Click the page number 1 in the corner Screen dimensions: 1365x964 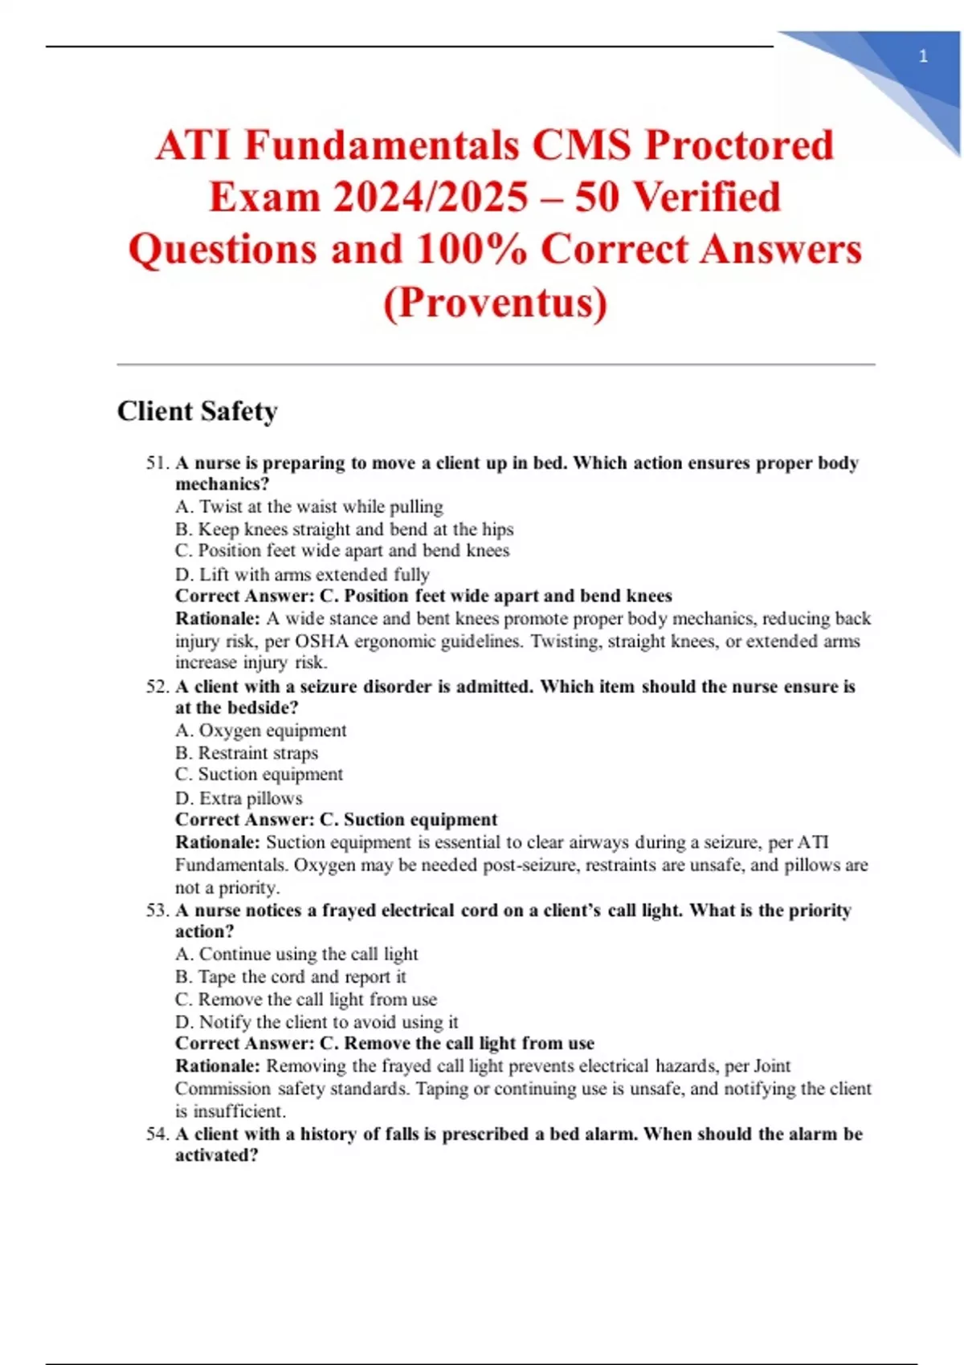coord(923,56)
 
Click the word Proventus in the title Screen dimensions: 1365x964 coord(495,303)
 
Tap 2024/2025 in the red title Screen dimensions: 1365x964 coord(431,198)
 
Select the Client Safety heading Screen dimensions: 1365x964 coord(198,411)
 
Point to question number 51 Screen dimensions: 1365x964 coord(157,463)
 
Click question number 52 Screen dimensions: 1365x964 coord(157,687)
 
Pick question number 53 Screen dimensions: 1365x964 coord(157,911)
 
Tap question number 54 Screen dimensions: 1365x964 coord(157,1135)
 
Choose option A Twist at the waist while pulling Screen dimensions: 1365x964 coord(309,507)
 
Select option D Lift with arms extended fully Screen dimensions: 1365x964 coord(302,575)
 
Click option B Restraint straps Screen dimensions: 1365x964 coord(247,753)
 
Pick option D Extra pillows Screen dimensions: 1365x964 coord(239,798)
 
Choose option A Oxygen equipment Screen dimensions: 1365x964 coord(261,731)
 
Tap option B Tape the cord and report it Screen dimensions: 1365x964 coord(291,977)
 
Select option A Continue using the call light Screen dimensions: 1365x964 coord(296,954)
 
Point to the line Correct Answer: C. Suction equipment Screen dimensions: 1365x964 coord(336,820)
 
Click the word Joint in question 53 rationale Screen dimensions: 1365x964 coord(772,1066)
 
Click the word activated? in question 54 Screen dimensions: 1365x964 coord(217,1155)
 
